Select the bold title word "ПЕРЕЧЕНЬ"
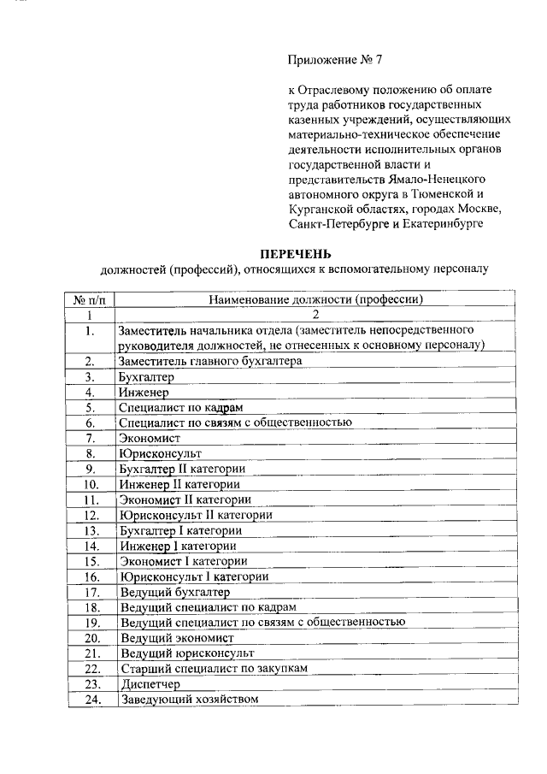(x=294, y=254)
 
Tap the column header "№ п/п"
(x=89, y=299)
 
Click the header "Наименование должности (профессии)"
(x=316, y=299)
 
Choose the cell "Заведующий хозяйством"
(x=189, y=700)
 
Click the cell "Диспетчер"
(x=150, y=684)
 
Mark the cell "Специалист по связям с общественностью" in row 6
(x=236, y=422)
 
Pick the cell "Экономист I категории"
(x=184, y=561)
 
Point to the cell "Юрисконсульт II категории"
(x=196, y=515)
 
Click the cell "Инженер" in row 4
(x=144, y=392)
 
